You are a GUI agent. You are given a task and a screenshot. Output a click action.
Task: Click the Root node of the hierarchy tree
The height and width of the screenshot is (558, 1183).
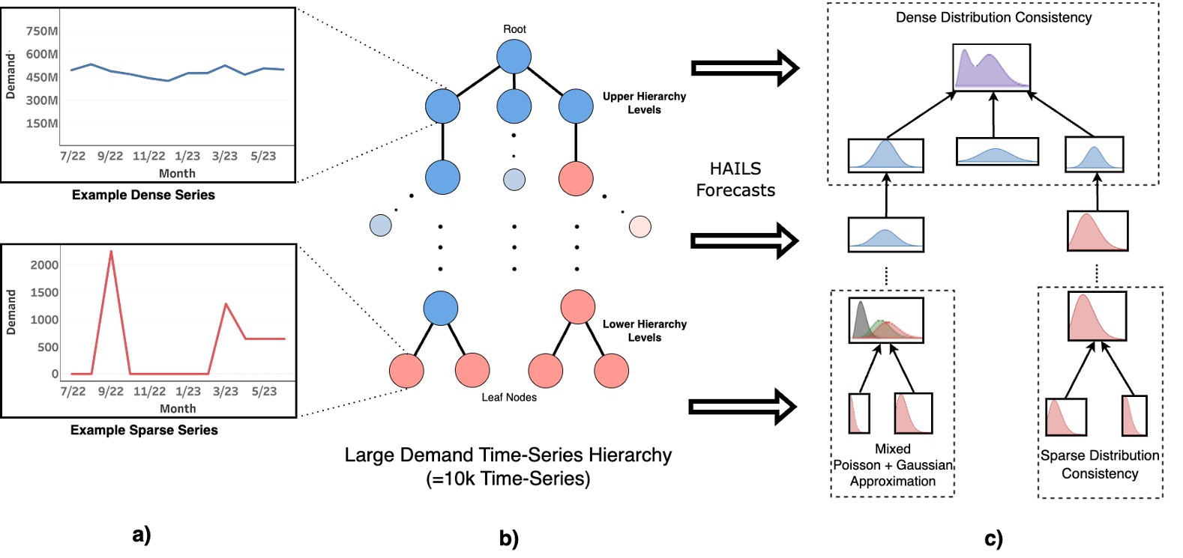coord(514,57)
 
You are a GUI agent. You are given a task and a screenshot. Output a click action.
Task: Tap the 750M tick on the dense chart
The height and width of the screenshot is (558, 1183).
coord(41,31)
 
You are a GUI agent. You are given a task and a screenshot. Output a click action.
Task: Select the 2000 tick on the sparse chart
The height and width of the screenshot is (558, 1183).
coord(44,265)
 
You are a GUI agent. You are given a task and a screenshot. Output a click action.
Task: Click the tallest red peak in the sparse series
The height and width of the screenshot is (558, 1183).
coord(111,252)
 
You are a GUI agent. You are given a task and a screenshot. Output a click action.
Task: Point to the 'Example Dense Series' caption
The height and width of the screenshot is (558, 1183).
coord(143,195)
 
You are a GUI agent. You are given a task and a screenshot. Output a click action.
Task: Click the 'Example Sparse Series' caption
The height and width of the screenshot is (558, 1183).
coord(144,430)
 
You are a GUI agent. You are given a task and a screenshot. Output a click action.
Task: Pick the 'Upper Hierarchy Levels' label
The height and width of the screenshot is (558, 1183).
coord(644,103)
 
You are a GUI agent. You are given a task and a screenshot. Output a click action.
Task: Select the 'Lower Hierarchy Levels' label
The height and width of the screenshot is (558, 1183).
coord(644,330)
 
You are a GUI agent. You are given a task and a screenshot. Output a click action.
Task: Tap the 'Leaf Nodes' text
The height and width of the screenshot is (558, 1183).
coord(509,397)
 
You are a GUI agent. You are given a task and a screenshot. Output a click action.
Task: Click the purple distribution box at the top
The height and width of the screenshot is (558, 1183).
coord(991,67)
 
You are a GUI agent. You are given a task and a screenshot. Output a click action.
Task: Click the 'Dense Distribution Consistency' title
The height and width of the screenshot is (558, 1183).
coord(993,17)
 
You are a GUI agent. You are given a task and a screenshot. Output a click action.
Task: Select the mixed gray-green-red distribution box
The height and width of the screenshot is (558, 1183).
coord(885,321)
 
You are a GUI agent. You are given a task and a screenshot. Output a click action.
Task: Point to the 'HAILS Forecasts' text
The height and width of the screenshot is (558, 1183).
coord(735,179)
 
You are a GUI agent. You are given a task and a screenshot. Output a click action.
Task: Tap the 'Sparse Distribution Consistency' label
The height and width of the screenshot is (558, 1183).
coord(1100,464)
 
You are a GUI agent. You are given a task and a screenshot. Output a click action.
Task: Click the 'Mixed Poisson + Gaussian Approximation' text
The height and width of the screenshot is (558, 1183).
coord(892,465)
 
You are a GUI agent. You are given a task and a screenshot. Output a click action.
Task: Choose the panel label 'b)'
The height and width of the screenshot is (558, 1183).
coord(509,538)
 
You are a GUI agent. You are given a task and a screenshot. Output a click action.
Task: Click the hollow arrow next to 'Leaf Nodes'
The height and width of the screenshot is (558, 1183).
coord(742,407)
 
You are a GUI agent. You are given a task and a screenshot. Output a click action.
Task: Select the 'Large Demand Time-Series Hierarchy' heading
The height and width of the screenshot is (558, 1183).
coord(508,455)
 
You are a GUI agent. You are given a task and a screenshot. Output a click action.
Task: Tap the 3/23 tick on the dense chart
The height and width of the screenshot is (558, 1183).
coord(224,156)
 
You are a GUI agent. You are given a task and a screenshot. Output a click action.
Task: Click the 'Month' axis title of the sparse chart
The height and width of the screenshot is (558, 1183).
coord(178,408)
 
